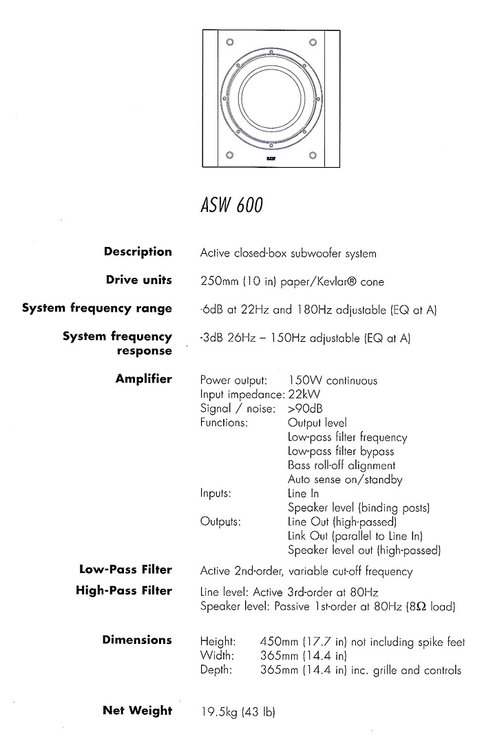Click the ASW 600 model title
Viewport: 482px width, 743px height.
(x=231, y=205)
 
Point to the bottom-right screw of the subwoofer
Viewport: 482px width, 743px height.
(x=313, y=155)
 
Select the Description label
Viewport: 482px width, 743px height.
(x=138, y=252)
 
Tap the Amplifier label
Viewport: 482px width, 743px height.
(x=143, y=379)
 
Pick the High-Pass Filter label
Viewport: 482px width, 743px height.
(x=124, y=590)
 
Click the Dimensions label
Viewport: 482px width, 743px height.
(x=137, y=640)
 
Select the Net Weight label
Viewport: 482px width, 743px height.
(x=138, y=711)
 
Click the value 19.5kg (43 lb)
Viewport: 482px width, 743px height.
(x=238, y=712)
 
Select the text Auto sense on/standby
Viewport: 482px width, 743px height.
(x=345, y=480)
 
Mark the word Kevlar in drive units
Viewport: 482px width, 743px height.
(x=331, y=281)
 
